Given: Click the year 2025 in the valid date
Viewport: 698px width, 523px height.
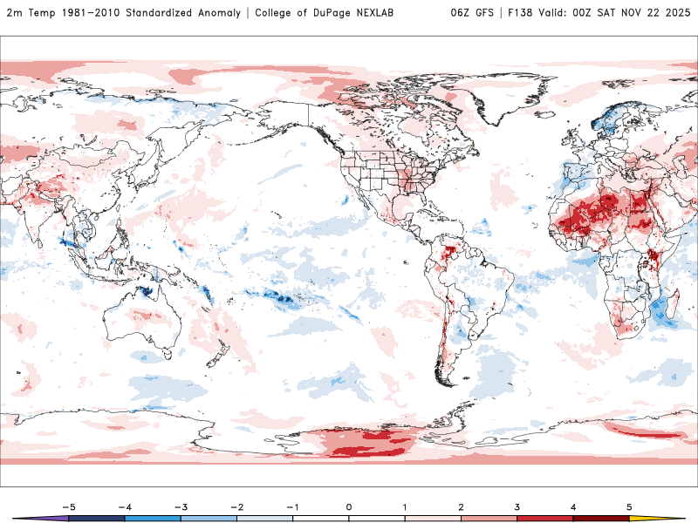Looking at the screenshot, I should pos(675,13).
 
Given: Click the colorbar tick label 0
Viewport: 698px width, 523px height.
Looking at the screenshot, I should pos(349,506).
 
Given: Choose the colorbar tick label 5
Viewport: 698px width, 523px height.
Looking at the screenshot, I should pos(629,506).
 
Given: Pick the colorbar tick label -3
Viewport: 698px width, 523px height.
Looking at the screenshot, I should pos(181,506).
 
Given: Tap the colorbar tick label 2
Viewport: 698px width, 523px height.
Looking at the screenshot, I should pos(461,506).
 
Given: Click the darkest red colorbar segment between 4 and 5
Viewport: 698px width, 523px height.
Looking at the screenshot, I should pos(601,518).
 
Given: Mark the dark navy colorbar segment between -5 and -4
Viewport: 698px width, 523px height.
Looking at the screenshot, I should pos(97,518).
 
